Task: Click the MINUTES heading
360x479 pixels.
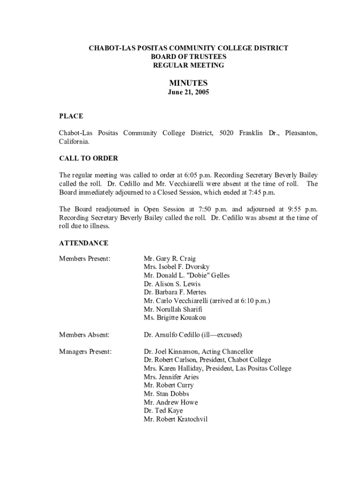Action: [x=188, y=83]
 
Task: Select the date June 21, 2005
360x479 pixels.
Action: [x=188, y=93]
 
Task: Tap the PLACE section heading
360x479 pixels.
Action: [x=71, y=116]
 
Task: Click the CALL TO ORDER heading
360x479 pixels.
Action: [x=88, y=158]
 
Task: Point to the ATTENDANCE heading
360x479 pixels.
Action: [x=84, y=243]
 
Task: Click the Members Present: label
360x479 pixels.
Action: [x=85, y=259]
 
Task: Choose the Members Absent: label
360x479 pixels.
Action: [x=84, y=335]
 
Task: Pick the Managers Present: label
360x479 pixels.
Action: [x=86, y=352]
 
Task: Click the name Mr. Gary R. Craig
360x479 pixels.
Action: [x=170, y=259]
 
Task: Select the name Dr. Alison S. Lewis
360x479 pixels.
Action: [x=172, y=284]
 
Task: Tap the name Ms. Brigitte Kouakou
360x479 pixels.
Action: [x=175, y=318]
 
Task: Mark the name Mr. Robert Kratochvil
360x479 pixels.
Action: [x=176, y=420]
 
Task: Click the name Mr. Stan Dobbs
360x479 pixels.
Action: [x=166, y=394]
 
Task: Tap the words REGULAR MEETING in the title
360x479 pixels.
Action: [x=188, y=65]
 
